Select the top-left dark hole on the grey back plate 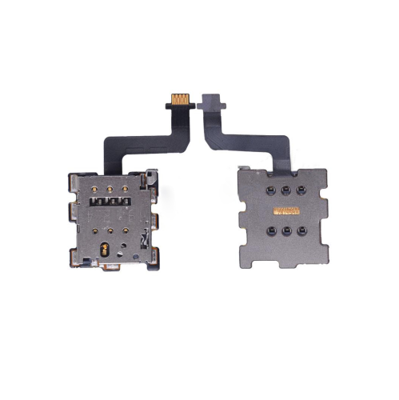[265, 190]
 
